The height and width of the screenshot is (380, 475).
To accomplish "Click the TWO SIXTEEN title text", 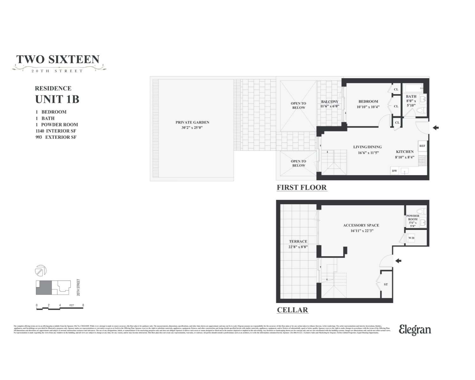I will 58,60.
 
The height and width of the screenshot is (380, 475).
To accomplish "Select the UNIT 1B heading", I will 57,99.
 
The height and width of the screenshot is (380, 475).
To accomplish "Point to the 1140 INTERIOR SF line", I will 56,131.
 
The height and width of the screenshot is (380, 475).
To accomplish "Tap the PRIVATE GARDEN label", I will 192,123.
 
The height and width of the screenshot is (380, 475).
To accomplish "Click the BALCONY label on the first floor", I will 330,102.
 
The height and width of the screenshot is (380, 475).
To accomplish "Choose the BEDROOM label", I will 368,102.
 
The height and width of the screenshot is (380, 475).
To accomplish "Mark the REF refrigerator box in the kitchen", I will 422,146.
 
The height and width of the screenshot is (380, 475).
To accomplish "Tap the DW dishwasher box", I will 395,171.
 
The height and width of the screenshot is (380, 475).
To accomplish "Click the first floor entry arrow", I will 436,128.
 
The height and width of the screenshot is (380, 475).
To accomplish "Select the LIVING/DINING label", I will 367,147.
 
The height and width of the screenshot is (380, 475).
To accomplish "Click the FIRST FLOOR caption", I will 301,187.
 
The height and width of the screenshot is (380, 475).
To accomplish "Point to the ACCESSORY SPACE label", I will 361,225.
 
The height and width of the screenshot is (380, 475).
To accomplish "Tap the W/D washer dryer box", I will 411,238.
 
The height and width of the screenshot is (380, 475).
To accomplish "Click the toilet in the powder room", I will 420,211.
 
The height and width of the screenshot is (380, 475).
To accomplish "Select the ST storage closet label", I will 386,284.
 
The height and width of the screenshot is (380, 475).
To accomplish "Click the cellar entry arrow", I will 398,261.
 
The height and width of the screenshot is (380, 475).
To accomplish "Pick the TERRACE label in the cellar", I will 298,242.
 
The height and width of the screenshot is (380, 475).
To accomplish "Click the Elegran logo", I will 415,330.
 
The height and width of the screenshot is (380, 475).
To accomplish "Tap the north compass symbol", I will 41,271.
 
